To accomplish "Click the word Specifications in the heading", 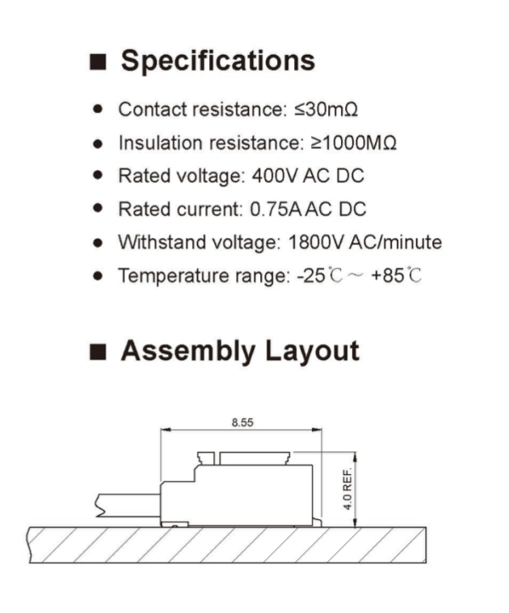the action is click(x=217, y=61).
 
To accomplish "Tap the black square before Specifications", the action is click(x=98, y=62).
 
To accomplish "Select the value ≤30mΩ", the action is click(x=326, y=109).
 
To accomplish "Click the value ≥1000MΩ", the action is click(x=354, y=142).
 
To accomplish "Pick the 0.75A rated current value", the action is click(x=276, y=209).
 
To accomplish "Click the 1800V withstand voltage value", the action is click(x=316, y=243).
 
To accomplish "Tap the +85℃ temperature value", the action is click(x=396, y=275).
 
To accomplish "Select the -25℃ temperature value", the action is click(x=320, y=275).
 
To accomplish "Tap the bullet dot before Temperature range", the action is click(x=98, y=276).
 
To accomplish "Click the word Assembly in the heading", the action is click(x=188, y=352).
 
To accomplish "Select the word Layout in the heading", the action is click(x=312, y=352).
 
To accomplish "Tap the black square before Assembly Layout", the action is click(x=98, y=352).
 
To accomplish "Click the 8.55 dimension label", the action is click(x=242, y=422).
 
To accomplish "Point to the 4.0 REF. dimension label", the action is click(x=347, y=488).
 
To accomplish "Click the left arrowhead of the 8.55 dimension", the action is click(x=166, y=429).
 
